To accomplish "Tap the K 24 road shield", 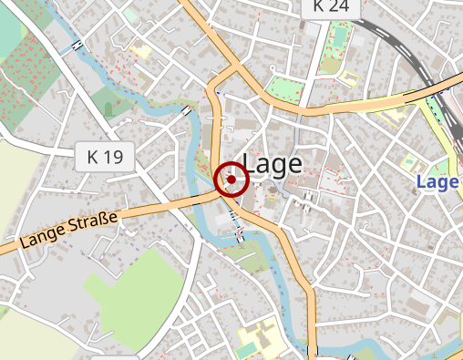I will click(x=329, y=6).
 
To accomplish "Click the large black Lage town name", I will click(x=273, y=164).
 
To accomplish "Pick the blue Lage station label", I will click(x=437, y=182).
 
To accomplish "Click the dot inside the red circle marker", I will click(x=231, y=180).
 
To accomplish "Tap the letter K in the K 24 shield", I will click(x=318, y=6).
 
